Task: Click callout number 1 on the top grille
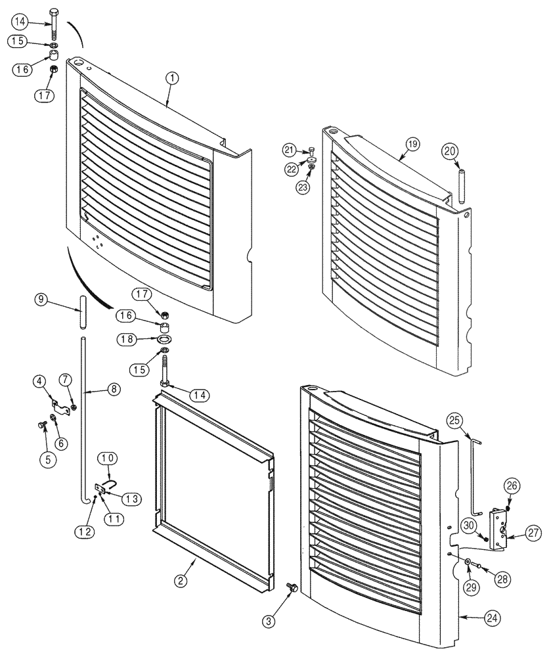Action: click(172, 78)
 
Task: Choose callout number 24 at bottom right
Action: click(492, 617)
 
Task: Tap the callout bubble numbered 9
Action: click(41, 300)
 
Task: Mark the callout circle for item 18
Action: click(127, 339)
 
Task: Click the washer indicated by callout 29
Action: click(467, 563)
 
